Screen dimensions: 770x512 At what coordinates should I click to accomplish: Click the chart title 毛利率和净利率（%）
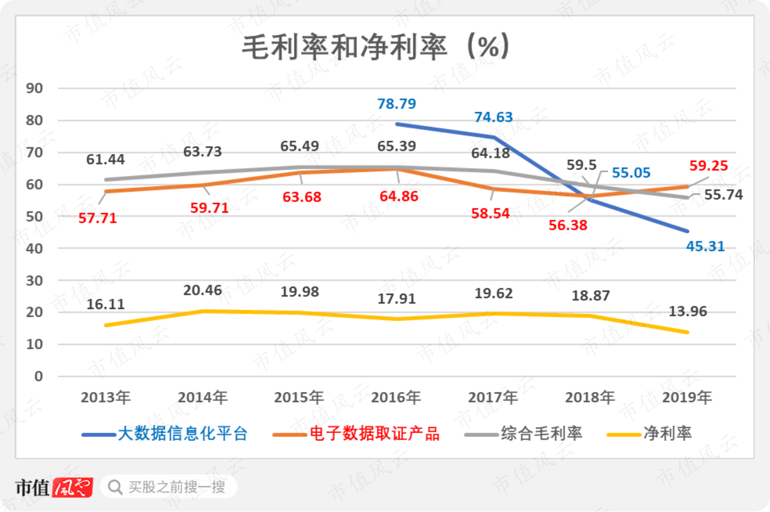376,47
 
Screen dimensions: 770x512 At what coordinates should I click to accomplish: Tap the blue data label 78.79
396,103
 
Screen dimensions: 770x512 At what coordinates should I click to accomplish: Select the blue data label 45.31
705,246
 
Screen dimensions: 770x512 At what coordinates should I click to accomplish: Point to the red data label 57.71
98,218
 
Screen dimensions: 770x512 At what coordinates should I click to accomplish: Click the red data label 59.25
709,166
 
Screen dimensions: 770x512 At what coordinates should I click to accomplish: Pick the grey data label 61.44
105,159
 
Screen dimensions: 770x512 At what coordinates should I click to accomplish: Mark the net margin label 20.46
202,290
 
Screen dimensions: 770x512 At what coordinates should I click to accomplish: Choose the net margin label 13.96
688,311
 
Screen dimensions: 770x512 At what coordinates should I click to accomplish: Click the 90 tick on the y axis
34,88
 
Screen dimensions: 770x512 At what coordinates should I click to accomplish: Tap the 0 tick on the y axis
39,376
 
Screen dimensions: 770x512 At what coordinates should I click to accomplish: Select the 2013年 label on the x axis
105,397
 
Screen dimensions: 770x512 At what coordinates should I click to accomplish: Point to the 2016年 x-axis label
396,397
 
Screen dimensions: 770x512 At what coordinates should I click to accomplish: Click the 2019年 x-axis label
687,397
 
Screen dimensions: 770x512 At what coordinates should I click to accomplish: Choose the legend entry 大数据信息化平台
165,434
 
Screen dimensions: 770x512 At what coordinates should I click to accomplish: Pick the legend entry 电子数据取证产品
356,434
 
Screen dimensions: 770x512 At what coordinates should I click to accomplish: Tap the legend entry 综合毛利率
523,434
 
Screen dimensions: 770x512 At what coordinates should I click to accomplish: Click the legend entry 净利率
649,434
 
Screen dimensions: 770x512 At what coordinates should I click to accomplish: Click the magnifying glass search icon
115,487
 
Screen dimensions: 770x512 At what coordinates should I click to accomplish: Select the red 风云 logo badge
73,487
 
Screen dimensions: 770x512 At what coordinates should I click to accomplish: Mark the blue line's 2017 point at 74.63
494,137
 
